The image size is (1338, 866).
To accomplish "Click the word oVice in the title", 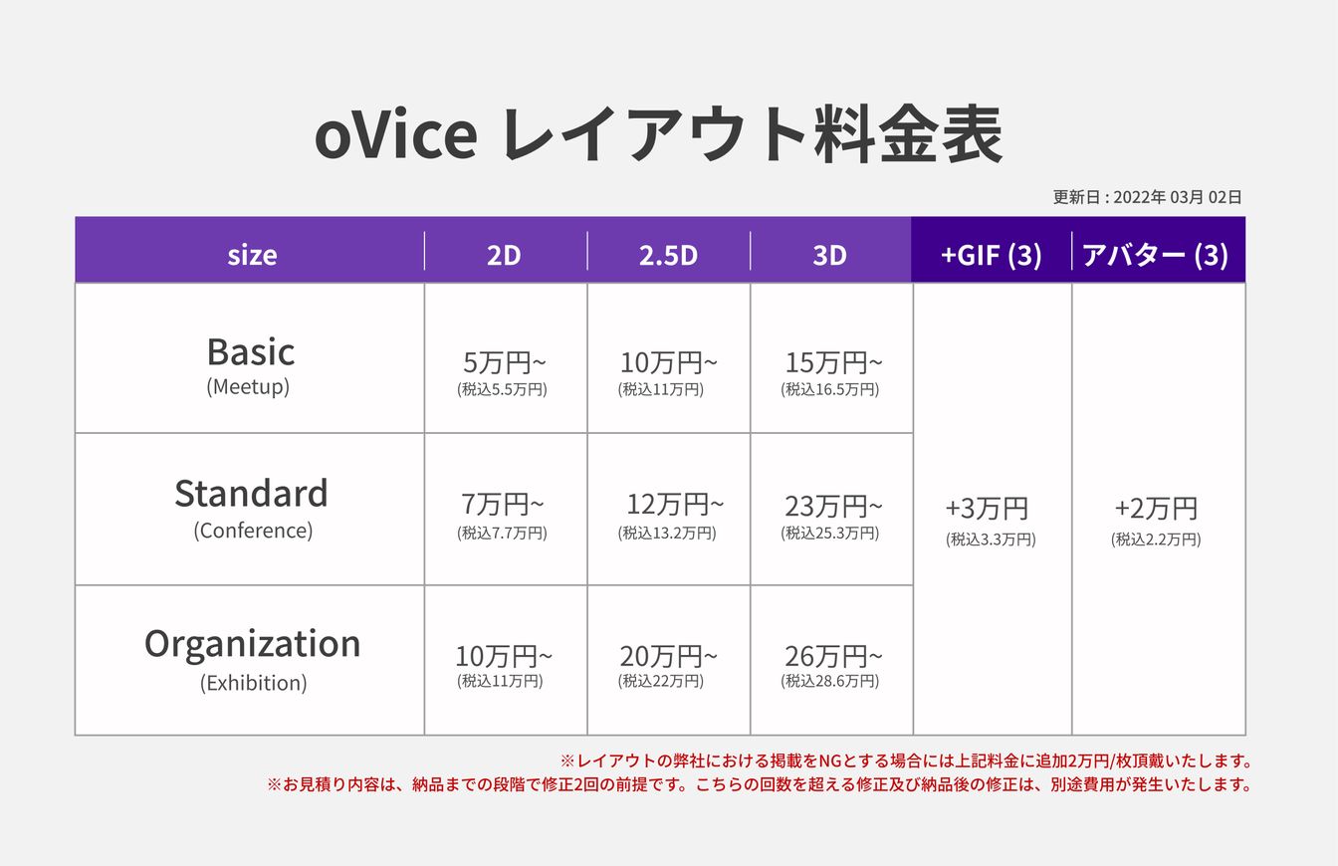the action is [x=395, y=135].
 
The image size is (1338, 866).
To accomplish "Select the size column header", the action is [x=252, y=255].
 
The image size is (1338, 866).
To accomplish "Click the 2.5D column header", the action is [x=668, y=255].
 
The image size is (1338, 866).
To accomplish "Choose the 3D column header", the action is [x=829, y=255].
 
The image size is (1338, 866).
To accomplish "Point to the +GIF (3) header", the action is [x=991, y=255].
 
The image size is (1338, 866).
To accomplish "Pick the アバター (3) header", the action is [x=1156, y=255].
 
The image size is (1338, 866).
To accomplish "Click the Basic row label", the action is [x=251, y=351].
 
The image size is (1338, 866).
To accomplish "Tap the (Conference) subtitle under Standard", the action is [x=253, y=531].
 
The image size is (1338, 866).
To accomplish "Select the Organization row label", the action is [x=252, y=644].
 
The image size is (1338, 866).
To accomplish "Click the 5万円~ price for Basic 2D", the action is [x=504, y=362].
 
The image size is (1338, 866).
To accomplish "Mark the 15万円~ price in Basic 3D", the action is [x=833, y=362].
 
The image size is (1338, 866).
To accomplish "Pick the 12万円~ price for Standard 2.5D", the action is [x=675, y=505].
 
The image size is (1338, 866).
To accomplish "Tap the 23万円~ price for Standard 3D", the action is [x=833, y=507].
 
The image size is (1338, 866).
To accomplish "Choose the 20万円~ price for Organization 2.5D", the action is [x=668, y=656].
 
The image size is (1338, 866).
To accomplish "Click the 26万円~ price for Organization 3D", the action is [x=833, y=656].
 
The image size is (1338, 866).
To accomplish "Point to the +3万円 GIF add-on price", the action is [x=987, y=509].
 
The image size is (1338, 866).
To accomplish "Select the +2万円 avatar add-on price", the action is [x=1156, y=509].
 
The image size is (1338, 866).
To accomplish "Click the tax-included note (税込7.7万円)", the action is [x=503, y=533].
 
